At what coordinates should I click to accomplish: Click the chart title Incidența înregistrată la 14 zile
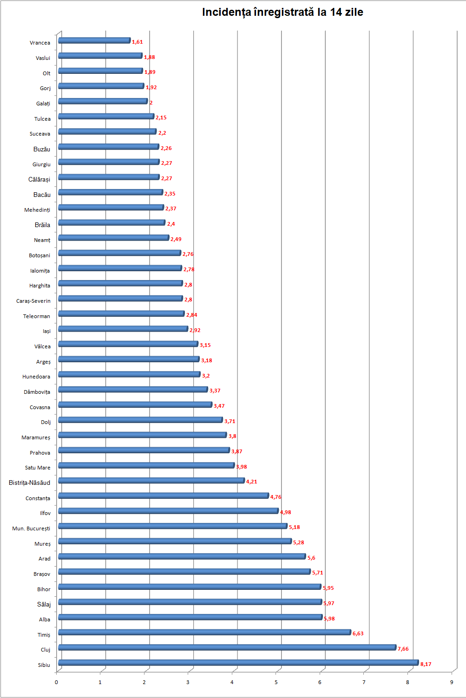tap(282, 13)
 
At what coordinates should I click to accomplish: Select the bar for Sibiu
tap(238, 663)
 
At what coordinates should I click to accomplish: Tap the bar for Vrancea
tap(94, 40)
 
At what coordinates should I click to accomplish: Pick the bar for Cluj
tap(227, 647)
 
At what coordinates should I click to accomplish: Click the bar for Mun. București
tap(172, 526)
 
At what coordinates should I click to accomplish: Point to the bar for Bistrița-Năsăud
tap(151, 481)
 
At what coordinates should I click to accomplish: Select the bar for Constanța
tap(163, 496)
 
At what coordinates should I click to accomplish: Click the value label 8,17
tap(426, 664)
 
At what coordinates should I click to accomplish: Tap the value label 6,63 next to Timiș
tap(358, 633)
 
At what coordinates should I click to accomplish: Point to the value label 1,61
tap(137, 42)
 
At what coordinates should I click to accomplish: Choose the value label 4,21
tap(251, 482)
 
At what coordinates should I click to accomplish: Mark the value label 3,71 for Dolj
tap(230, 421)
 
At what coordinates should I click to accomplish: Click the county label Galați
tap(43, 104)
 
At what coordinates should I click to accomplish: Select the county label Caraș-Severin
tap(33, 301)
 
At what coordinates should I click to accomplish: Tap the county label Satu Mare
tap(38, 468)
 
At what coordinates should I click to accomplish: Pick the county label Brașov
tap(42, 574)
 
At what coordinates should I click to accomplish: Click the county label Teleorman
tap(37, 316)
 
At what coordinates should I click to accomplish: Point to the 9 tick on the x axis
tap(452, 682)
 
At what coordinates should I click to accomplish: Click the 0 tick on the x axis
tap(56, 682)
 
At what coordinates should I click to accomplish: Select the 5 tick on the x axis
tap(276, 682)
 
